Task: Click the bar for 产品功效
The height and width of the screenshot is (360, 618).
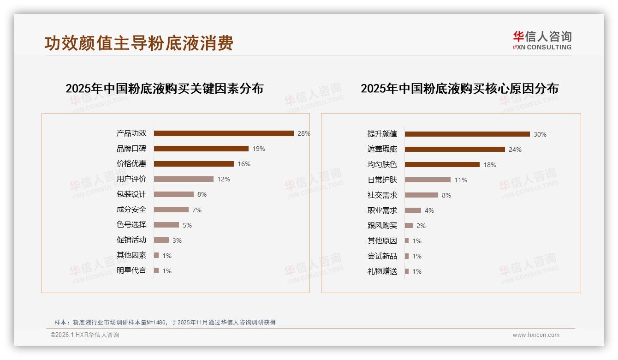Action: coord(224,133)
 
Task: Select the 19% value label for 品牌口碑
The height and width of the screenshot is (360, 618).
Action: coord(259,149)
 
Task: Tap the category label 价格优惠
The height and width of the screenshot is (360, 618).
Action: coord(131,163)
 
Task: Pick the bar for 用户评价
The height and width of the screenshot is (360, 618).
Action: coord(184,179)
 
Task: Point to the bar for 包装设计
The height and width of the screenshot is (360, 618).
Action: coord(173,194)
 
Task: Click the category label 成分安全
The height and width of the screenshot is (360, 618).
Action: coord(131,210)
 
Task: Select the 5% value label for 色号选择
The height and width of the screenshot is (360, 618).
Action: coord(187,225)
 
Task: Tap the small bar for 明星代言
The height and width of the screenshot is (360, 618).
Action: coord(156,270)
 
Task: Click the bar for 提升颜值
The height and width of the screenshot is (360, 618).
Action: coord(467,134)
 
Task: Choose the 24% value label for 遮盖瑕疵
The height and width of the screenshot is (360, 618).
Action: coord(515,150)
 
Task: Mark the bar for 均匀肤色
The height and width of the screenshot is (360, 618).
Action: coord(442,165)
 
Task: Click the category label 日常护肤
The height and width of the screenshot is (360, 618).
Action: coord(382,180)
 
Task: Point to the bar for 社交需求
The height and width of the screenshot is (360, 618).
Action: coord(422,195)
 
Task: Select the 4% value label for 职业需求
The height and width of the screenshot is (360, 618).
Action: coord(429,210)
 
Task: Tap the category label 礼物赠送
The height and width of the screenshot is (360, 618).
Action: coord(382,271)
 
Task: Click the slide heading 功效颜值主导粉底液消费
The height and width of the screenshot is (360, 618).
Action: coord(139,43)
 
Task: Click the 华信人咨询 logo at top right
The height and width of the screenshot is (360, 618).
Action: coord(542,41)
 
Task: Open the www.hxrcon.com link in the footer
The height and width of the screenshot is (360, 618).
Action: coord(536,335)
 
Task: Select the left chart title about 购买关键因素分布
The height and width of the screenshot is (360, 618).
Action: coord(164,89)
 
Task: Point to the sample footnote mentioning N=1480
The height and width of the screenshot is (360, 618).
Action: coord(165,322)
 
